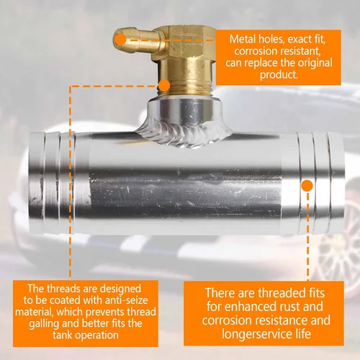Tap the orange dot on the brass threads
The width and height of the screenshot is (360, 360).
pos(164,85)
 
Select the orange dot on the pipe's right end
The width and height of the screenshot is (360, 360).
pos(307,186)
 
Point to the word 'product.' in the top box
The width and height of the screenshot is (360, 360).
pos(279,75)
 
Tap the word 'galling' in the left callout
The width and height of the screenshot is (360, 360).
pos(44,324)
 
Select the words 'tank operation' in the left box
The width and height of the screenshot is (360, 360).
pos(86,335)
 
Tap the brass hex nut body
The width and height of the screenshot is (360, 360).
pos(190,41)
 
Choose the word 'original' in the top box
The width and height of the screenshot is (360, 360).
pos(315,63)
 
